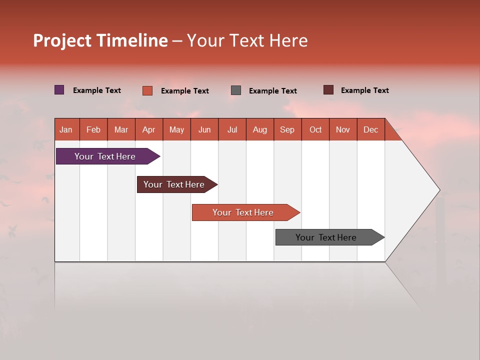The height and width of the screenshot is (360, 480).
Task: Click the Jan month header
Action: [x=66, y=129]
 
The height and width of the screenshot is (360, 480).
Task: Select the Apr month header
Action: [x=148, y=129]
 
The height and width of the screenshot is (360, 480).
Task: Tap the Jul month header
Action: [x=232, y=129]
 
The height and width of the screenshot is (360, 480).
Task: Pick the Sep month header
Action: [x=287, y=129]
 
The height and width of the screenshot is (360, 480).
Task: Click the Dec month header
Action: [x=370, y=129]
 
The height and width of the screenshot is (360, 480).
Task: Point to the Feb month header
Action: [x=93, y=129]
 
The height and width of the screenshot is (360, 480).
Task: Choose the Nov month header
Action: [x=342, y=129]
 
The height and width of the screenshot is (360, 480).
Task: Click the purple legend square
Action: [x=59, y=90]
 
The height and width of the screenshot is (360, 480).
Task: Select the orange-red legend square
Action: [x=147, y=90]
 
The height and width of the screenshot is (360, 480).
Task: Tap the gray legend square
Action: [x=236, y=90]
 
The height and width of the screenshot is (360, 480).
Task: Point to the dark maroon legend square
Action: [x=328, y=90]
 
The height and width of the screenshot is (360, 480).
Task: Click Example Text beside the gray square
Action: [x=272, y=91]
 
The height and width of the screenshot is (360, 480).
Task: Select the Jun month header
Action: [x=204, y=129]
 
